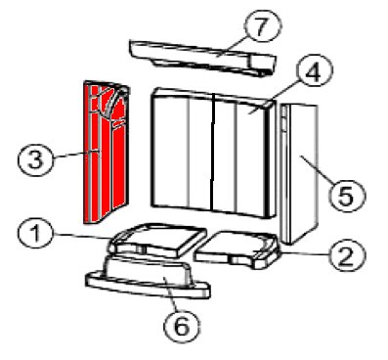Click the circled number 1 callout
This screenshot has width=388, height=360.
(35, 235)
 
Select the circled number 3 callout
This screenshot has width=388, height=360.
(35, 159)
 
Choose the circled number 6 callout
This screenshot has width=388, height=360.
(182, 326)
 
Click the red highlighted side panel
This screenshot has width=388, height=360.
(107, 152)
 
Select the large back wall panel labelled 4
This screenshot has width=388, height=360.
(213, 153)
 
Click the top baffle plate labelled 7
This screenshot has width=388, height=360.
(202, 58)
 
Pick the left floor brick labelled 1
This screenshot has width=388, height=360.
(157, 241)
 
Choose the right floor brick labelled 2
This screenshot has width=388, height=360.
(237, 249)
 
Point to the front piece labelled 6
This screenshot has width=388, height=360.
(148, 276)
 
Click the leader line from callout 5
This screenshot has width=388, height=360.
(316, 171)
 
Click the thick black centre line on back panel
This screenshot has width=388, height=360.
(212, 152)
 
